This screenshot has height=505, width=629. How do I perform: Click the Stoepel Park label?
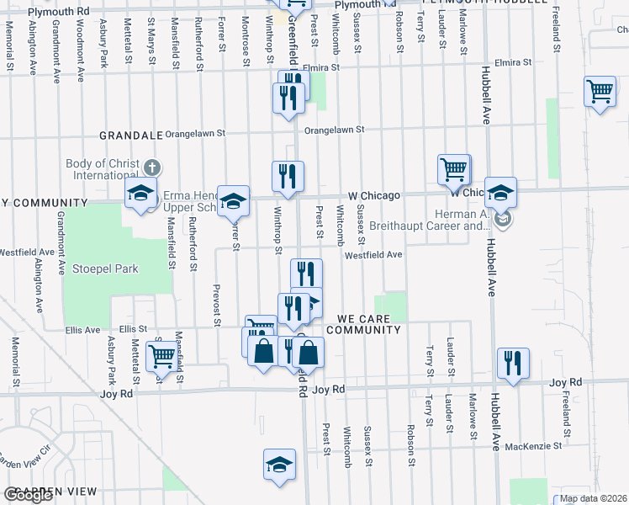pyautogui.click(x=104, y=268)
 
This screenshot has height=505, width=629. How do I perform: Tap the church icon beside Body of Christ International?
pyautogui.click(x=151, y=166)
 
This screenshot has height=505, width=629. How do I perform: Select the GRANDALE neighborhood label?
pyautogui.click(x=130, y=135)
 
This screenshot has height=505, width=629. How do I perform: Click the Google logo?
pyautogui.click(x=28, y=496)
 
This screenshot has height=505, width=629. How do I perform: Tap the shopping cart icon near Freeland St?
pyautogui.click(x=600, y=91)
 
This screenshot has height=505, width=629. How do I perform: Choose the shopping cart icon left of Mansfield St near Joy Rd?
pyautogui.click(x=161, y=356)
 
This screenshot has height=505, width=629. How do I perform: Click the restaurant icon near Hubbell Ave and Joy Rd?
pyautogui.click(x=512, y=363)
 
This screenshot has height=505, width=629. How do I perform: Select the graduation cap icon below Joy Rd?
pyautogui.click(x=279, y=464)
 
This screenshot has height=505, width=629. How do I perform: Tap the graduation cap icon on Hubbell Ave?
pyautogui.click(x=500, y=193)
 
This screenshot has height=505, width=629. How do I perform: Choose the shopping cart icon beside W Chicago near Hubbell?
pyautogui.click(x=453, y=169)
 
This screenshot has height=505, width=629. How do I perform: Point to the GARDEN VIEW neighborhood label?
pyautogui.click(x=50, y=491)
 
